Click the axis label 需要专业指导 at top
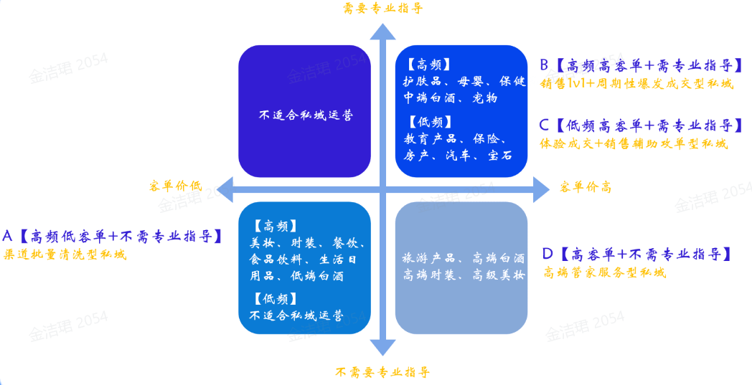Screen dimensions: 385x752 point(382,9)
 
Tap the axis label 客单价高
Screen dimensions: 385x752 point(585,188)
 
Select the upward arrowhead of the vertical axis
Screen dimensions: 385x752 point(383,32)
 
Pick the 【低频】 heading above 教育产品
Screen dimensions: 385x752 point(428,121)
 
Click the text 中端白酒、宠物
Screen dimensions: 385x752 point(450,98)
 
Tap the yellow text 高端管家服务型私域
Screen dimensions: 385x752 point(604,272)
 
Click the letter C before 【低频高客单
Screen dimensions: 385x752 point(545,125)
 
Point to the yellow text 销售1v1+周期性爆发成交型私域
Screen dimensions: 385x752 point(637,83)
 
